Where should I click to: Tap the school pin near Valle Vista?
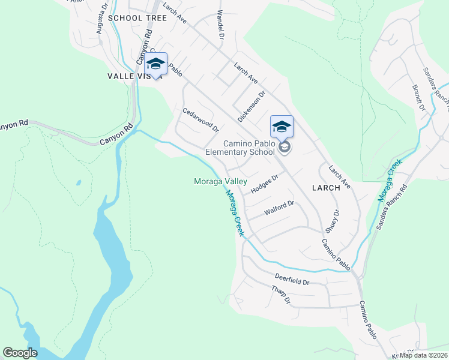point(155,65)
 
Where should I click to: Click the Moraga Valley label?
point(220,181)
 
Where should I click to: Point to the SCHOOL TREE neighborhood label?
point(138,18)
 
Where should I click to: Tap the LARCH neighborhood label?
point(326,187)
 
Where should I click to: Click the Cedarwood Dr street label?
point(201,120)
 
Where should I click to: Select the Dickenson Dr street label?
point(252,106)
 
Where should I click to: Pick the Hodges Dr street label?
point(265,184)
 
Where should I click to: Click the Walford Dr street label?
point(279,208)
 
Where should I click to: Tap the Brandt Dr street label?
point(418,98)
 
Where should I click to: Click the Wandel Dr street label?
point(220,25)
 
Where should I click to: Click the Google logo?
point(20,353)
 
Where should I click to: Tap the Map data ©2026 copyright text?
point(423,355)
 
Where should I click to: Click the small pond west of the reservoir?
point(78,182)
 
